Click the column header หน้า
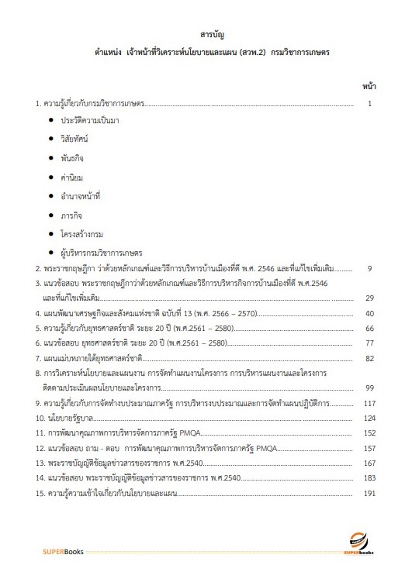369,85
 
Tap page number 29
370,298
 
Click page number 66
370,329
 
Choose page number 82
370,359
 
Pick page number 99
370,388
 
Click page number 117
369,404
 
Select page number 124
369,419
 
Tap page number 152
369,434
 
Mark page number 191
369,493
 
